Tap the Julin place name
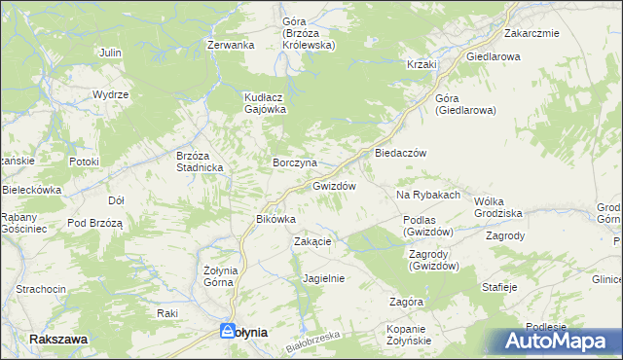click(110, 52)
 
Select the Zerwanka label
click(231, 45)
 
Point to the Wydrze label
click(111, 94)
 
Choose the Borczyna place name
click(294, 162)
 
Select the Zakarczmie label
click(531, 33)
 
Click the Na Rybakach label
click(427, 196)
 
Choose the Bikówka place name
click(275, 219)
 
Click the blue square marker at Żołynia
click(228, 331)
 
